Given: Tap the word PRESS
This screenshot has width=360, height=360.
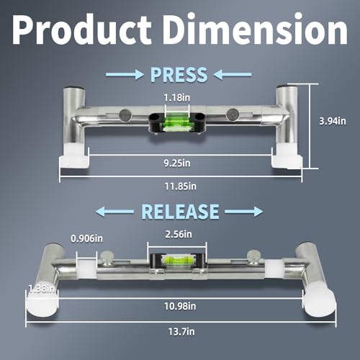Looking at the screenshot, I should coord(179,74).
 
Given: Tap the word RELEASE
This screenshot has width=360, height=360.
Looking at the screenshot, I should coord(179,211).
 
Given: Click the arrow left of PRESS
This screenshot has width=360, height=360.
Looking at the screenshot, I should coord(125,74).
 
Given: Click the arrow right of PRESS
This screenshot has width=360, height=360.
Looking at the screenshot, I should coord(234,74).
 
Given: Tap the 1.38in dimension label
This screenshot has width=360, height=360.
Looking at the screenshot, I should coord(17,288).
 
